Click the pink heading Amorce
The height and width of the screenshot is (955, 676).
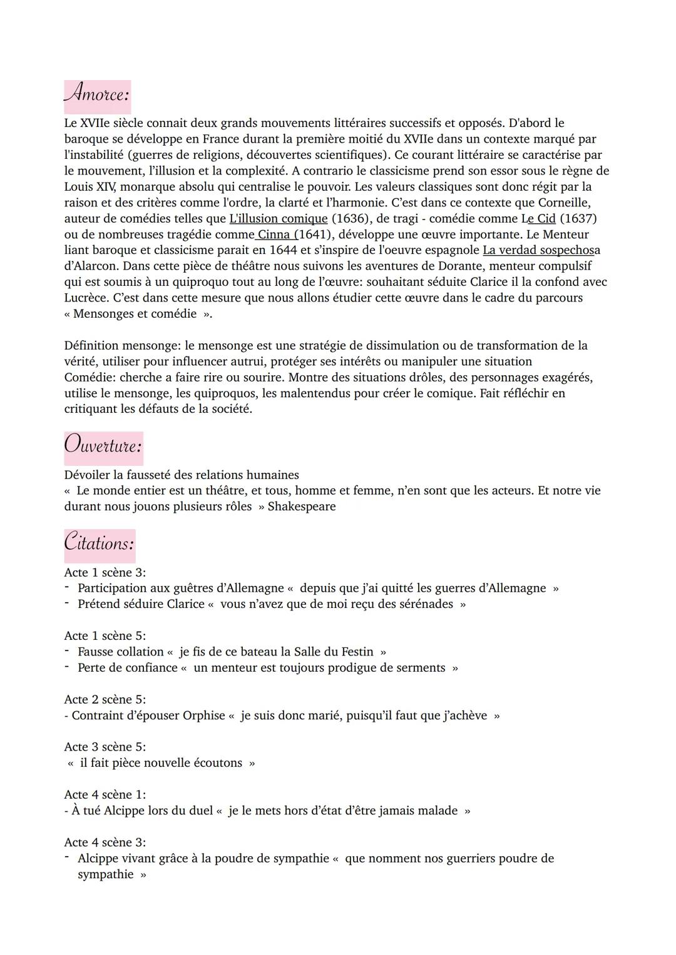point(97,94)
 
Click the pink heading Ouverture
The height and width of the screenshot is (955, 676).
point(103,446)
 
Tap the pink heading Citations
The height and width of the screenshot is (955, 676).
point(100,543)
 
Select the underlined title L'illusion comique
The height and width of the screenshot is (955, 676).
point(279,219)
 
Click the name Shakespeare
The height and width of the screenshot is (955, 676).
point(302,507)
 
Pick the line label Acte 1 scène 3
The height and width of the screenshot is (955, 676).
point(105,572)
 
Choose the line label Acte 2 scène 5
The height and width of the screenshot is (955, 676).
point(105,699)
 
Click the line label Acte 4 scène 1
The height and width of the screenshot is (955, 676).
point(105,795)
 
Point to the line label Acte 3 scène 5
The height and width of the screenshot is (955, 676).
point(105,747)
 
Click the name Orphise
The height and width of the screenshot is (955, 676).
point(203,715)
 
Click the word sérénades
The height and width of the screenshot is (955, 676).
point(426,604)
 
